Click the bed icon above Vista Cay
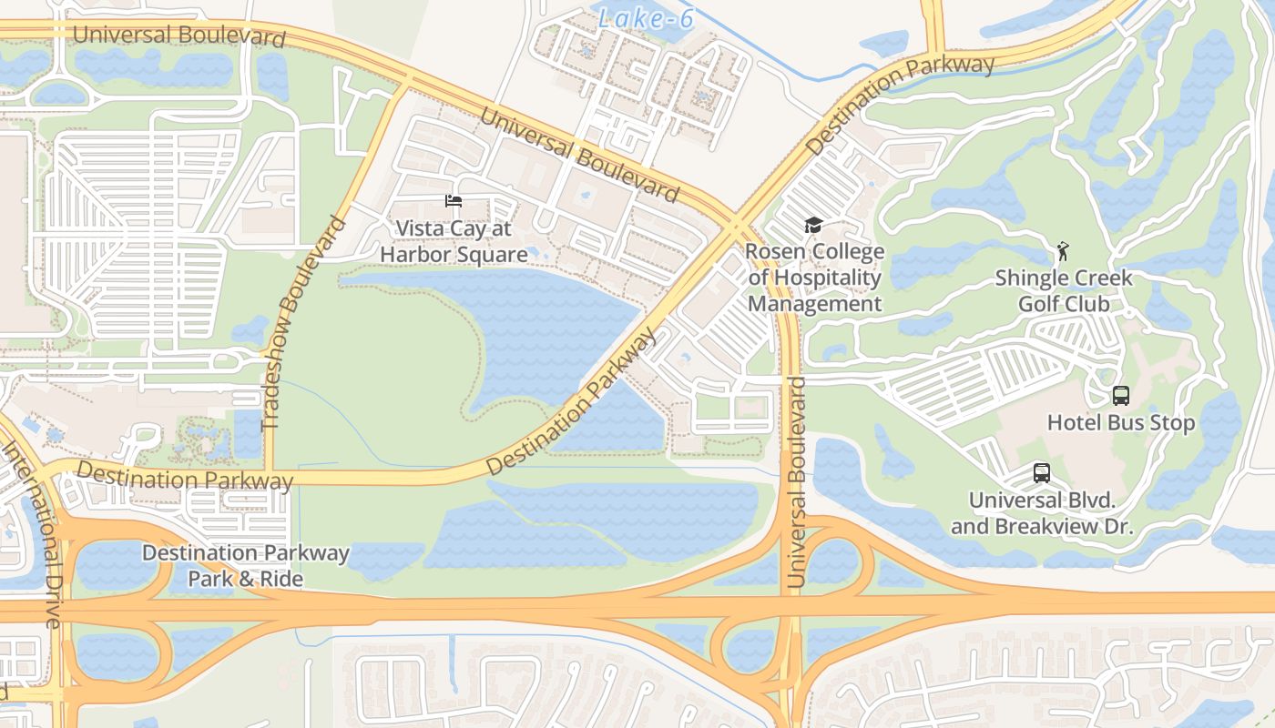(454, 201)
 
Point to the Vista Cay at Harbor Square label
(454, 242)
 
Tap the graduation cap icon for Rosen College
(813, 226)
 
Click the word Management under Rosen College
(815, 304)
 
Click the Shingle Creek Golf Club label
(1064, 290)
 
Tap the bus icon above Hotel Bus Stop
(1121, 396)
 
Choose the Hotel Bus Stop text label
(1121, 423)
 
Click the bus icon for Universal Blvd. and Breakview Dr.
(1042, 473)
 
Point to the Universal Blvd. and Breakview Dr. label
(1042, 513)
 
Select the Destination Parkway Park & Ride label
(246, 565)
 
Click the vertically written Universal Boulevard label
(797, 482)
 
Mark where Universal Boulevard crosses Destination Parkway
(736, 223)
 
